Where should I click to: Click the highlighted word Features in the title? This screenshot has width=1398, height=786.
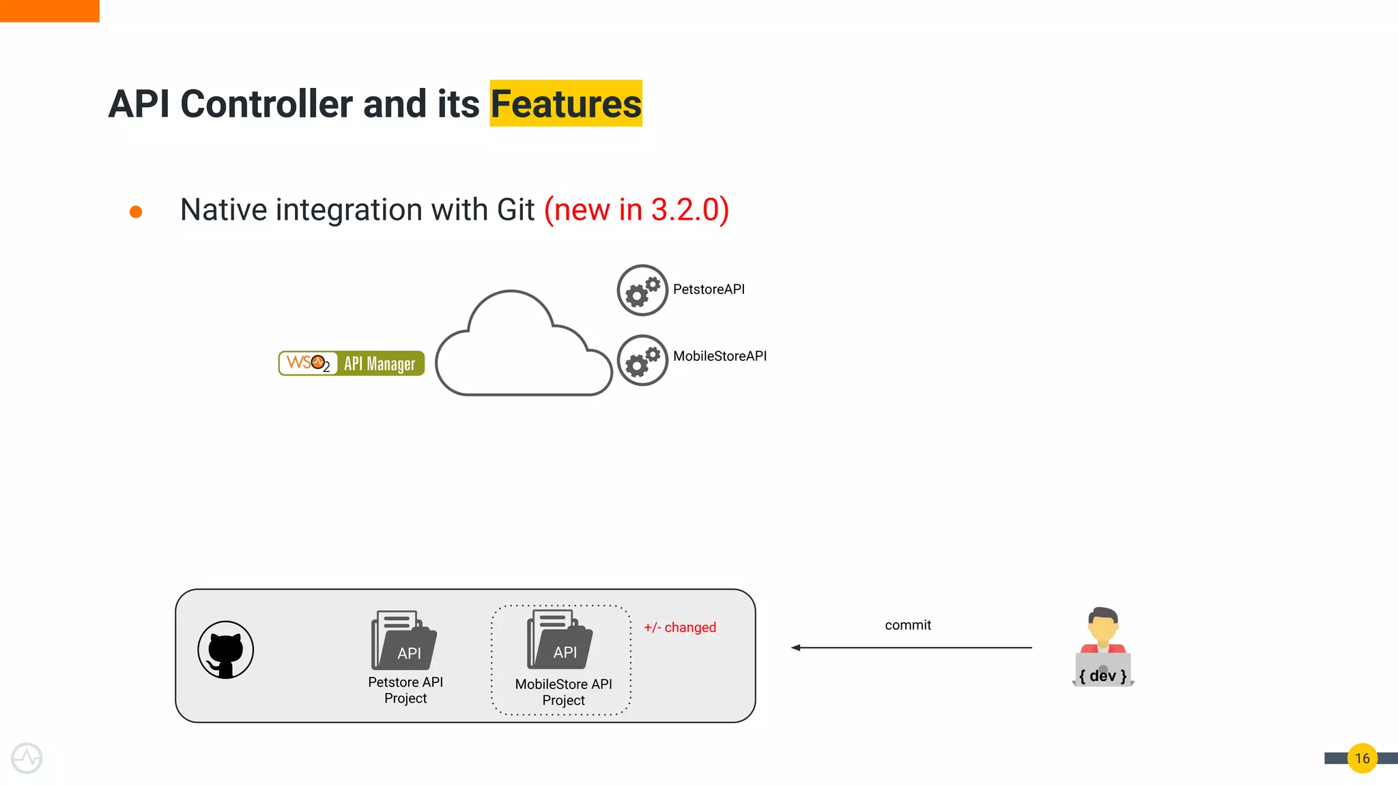566,104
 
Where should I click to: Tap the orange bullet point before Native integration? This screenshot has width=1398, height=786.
136,212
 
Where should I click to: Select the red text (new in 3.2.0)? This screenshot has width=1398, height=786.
636,209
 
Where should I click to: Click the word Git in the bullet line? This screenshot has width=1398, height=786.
515,209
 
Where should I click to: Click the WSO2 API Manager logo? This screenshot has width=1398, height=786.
352,363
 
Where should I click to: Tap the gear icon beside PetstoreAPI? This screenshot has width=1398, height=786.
642,290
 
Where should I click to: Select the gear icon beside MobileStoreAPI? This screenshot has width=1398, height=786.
642,360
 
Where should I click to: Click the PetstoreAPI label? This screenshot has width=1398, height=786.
709,289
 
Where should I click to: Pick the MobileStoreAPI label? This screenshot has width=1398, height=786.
719,356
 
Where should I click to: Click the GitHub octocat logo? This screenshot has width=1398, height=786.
226,650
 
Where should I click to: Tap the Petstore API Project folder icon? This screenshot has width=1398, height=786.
404,641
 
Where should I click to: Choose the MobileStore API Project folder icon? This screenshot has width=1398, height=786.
560,640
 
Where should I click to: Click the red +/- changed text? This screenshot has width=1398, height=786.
680,628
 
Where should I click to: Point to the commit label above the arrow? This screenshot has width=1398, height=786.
908,625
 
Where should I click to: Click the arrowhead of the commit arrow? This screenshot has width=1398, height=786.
796,647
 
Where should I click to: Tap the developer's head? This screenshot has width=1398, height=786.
1103,624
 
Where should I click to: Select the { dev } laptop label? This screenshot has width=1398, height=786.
1103,675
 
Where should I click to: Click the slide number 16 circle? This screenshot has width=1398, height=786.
1362,758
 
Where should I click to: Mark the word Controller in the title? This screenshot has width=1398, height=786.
266,104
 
